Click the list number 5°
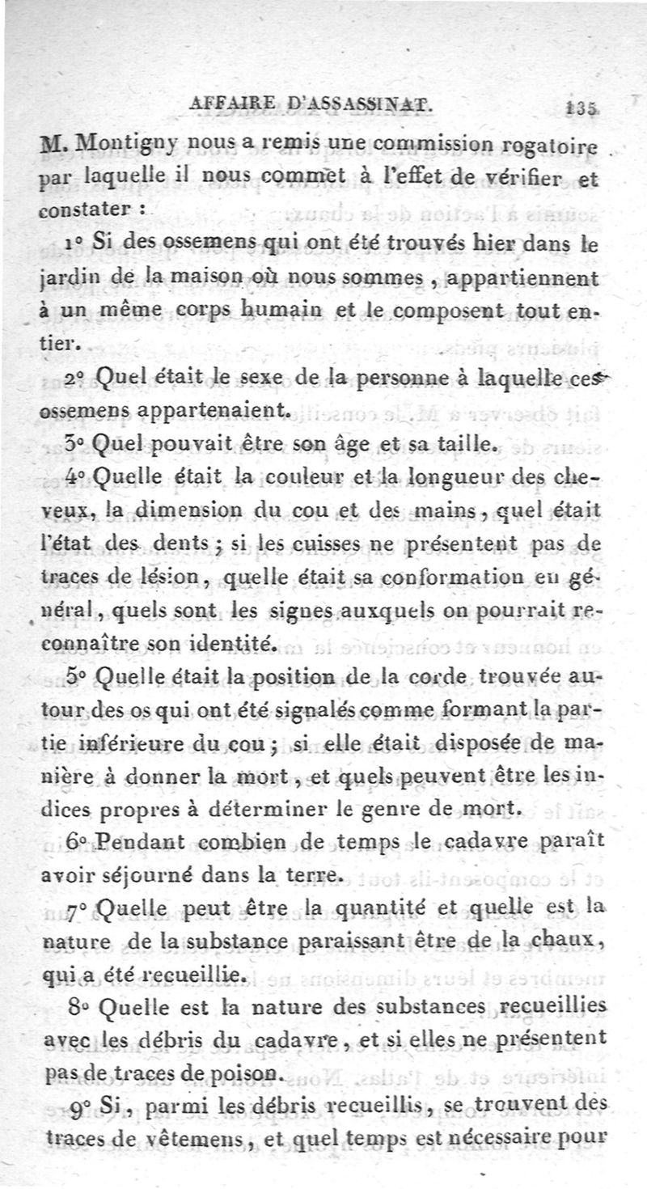pos(78,678)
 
